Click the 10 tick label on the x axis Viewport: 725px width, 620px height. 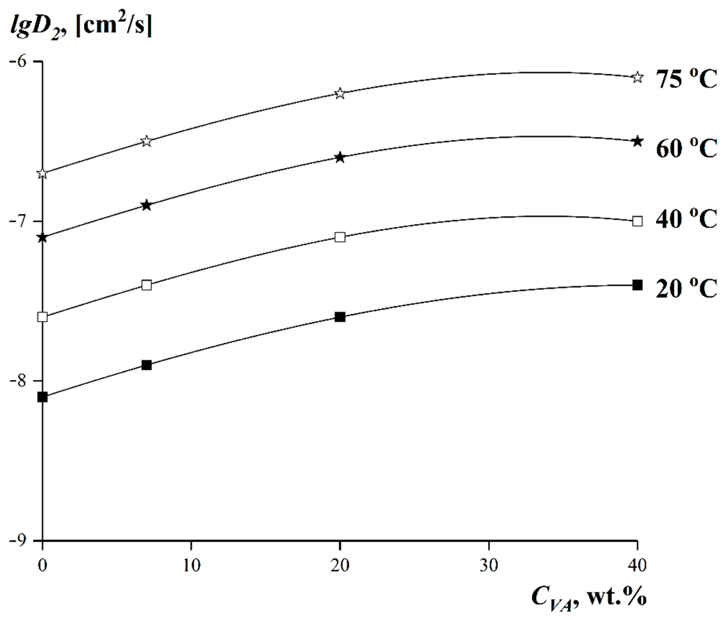click(191, 566)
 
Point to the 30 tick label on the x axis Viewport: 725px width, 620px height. click(489, 566)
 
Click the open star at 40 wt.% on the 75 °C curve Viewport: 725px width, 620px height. click(637, 77)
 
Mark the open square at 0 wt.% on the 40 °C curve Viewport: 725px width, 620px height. click(42, 317)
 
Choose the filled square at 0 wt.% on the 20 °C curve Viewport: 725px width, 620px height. click(42, 397)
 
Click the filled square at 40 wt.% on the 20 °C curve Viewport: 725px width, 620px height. click(637, 285)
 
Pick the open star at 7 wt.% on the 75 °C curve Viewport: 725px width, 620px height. click(147, 141)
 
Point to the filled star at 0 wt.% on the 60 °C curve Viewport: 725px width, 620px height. click(42, 238)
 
